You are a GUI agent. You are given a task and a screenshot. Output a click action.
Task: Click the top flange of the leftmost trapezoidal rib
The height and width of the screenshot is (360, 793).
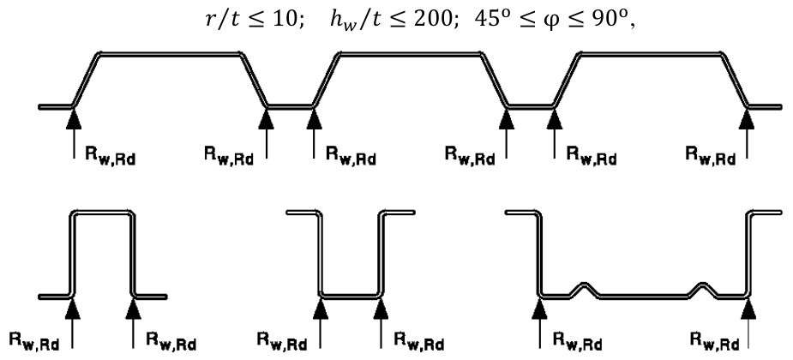[x=171, y=54]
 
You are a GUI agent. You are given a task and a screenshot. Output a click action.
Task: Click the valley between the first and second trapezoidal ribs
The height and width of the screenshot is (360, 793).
[x=291, y=106]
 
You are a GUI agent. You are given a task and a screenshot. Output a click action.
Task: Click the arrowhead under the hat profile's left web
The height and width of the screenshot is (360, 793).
[x=74, y=309]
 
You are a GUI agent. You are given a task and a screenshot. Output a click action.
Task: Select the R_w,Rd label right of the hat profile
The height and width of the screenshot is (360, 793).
[x=171, y=341]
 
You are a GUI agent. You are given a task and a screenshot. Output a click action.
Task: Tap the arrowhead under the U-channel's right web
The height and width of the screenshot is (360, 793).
[x=381, y=309]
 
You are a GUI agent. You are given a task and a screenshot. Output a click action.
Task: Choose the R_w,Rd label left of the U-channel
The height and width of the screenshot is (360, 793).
[x=282, y=341]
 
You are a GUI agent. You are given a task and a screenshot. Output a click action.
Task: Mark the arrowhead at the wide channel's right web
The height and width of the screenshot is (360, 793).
[x=748, y=309]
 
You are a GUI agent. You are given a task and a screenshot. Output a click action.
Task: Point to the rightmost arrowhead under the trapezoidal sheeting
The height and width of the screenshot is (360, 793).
[x=747, y=118]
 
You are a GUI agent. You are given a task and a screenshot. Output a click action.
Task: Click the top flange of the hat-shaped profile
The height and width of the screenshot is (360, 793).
[x=103, y=213]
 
